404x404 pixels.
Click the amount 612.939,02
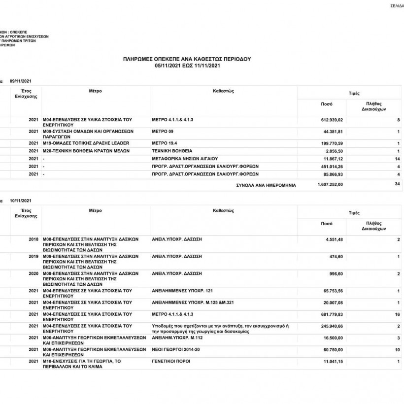point(333,120)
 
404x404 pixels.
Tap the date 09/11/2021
point(21,80)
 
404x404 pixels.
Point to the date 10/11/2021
point(21,201)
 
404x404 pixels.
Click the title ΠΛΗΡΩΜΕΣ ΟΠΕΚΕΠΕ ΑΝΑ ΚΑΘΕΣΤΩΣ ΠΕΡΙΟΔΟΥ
point(187,59)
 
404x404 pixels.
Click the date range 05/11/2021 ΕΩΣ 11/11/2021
point(187,65)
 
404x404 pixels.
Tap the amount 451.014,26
point(333,167)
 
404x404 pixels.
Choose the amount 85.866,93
point(334,174)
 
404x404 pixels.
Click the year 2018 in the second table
point(34,239)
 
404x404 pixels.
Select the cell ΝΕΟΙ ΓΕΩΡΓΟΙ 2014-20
point(175,349)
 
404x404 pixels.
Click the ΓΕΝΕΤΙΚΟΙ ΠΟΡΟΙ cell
point(170,362)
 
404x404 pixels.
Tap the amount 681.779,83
point(333,314)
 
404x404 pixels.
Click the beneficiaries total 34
point(397,184)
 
